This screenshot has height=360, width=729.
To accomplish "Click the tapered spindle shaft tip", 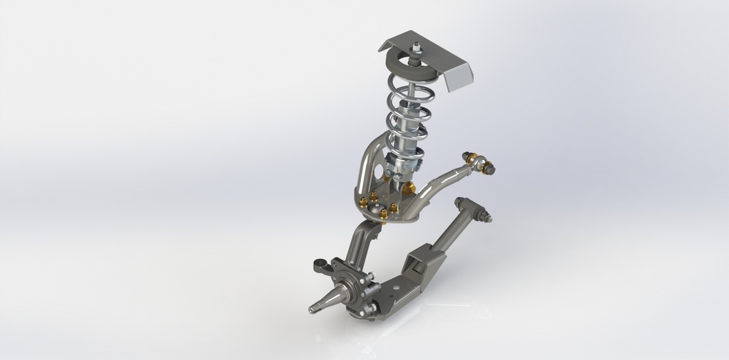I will [314, 307].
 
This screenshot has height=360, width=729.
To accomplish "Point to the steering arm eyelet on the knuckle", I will [319, 266].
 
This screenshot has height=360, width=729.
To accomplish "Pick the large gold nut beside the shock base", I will [409, 187].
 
